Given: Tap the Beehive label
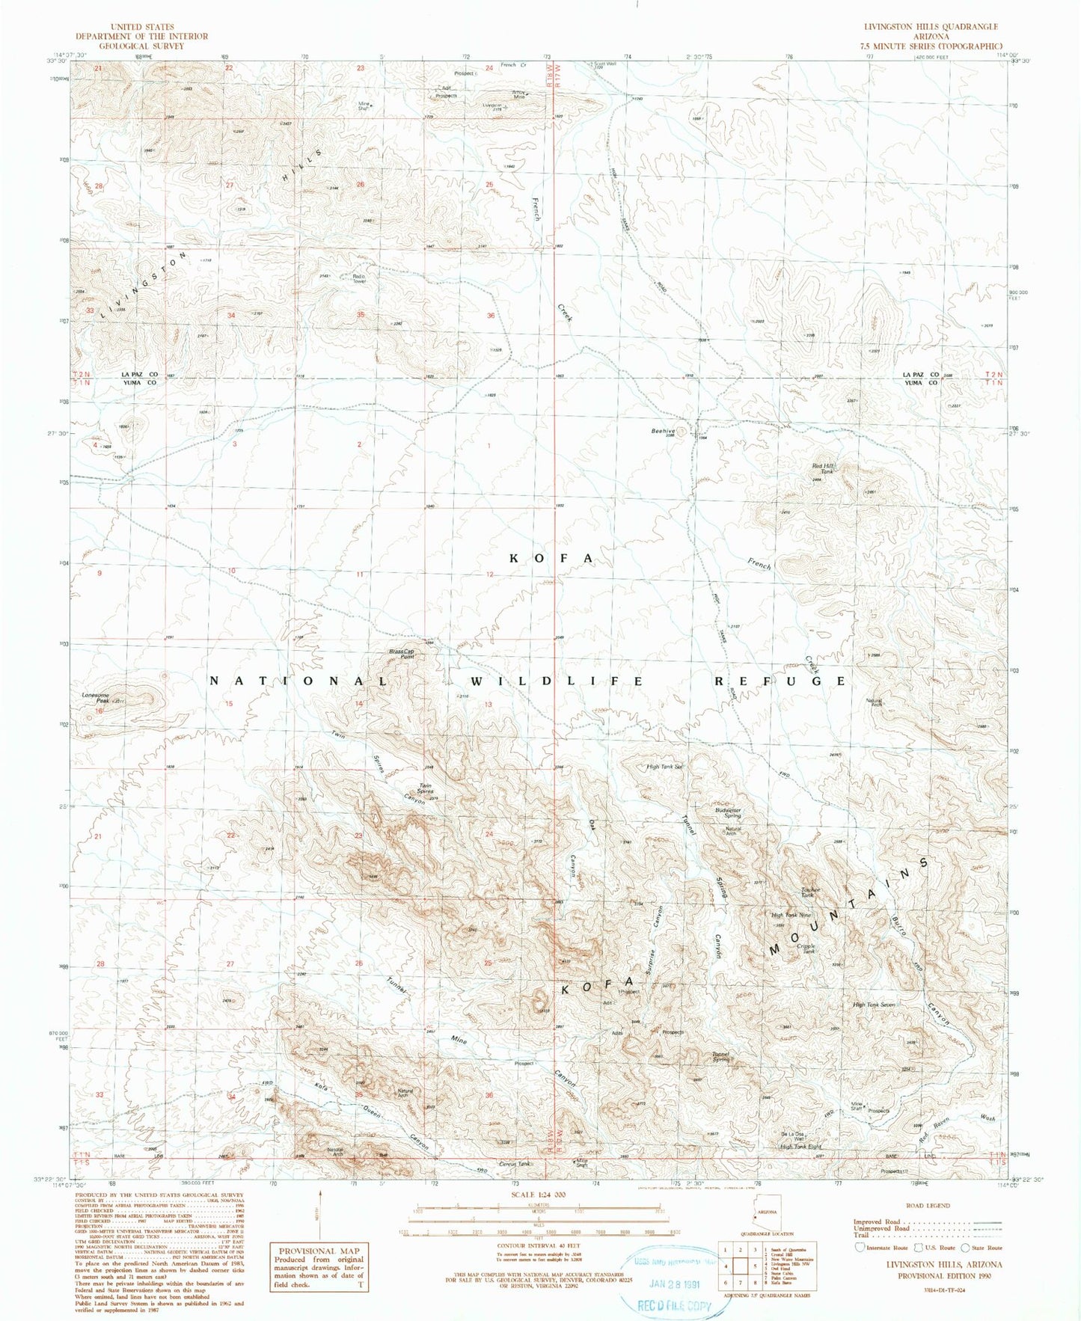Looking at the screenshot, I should [x=663, y=431].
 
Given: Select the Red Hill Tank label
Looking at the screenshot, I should [x=823, y=468].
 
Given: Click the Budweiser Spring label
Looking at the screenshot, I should [x=728, y=812].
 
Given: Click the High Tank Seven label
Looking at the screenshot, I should [x=874, y=1005].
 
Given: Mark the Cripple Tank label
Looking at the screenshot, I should [x=806, y=948].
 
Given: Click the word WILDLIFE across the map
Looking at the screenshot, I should [x=556, y=681].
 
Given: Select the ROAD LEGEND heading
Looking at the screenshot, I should [x=928, y=1206].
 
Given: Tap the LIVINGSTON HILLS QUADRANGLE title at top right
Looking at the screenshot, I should [x=930, y=26].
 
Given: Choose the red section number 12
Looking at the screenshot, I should [x=490, y=574].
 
